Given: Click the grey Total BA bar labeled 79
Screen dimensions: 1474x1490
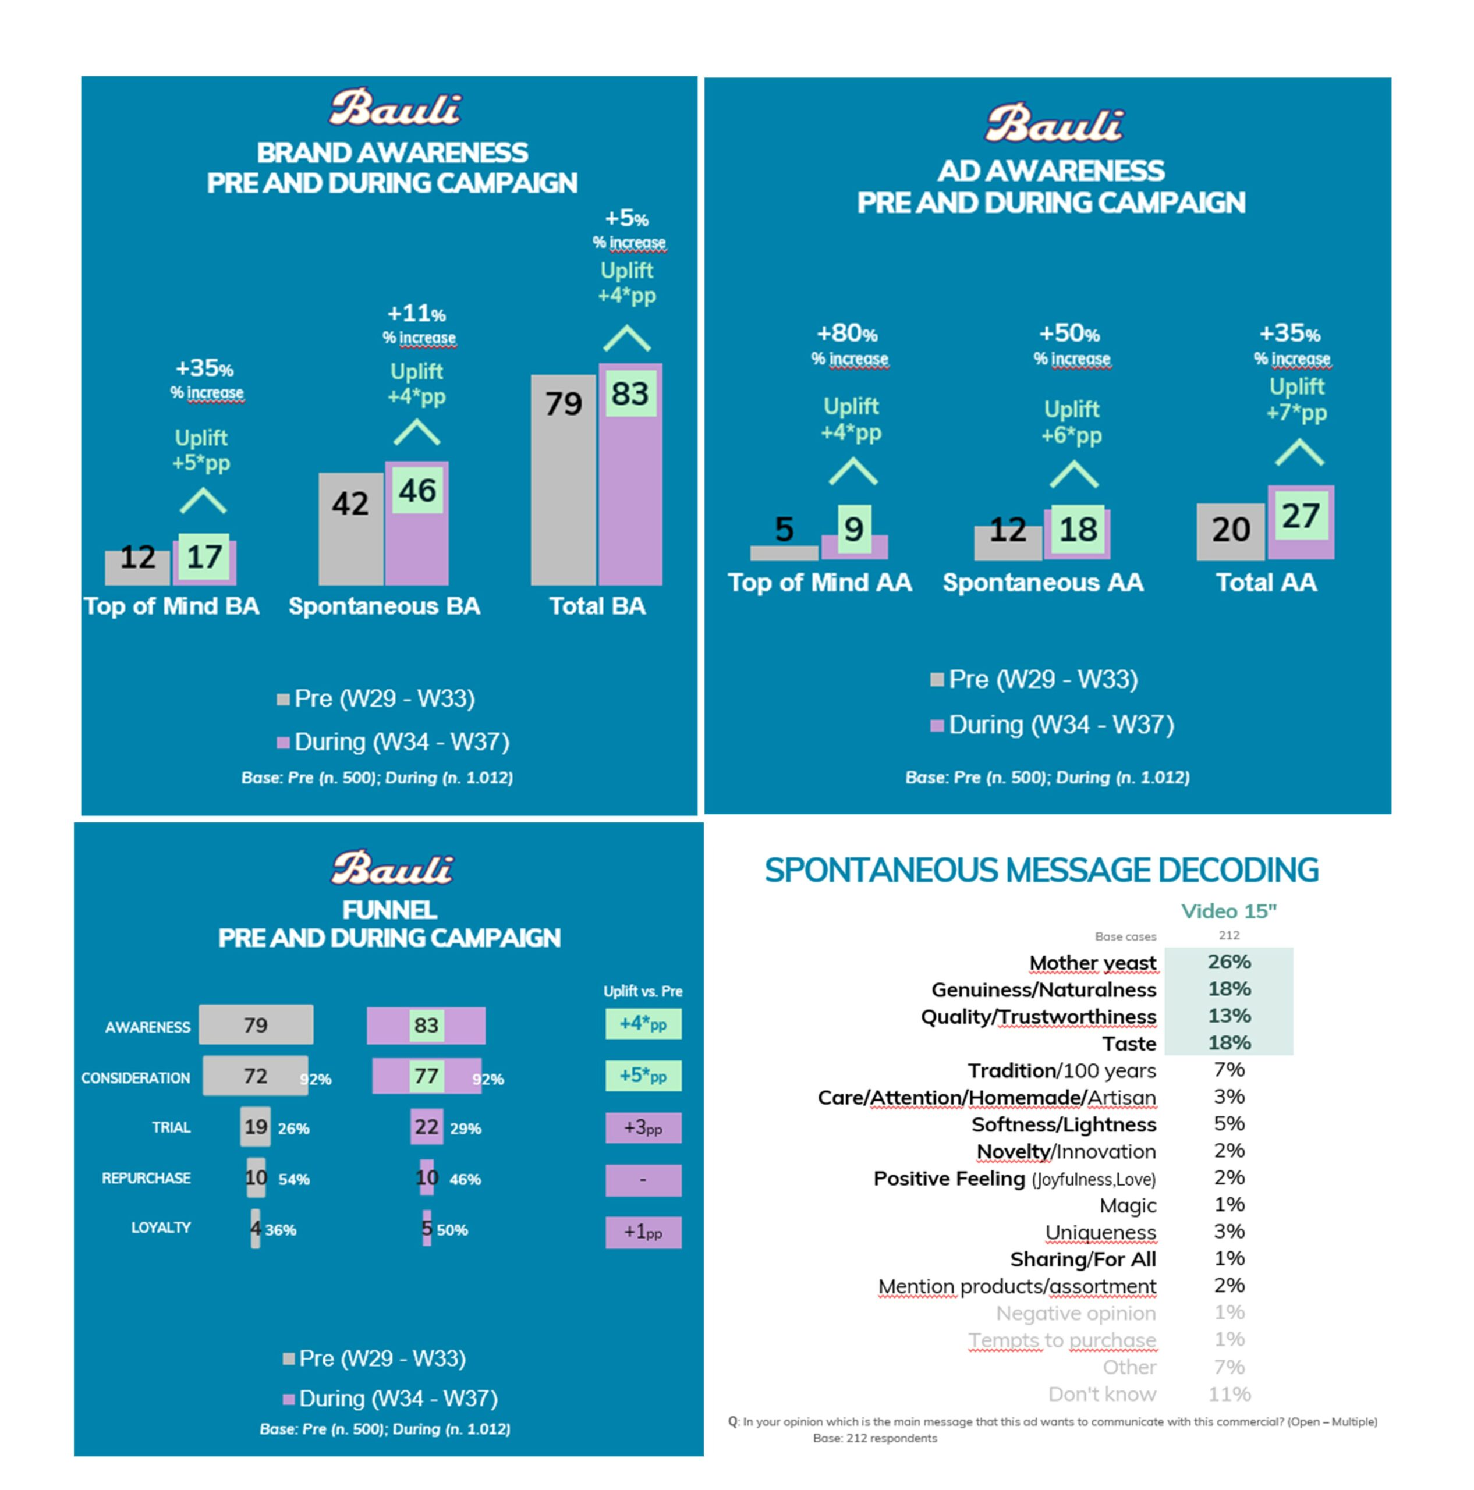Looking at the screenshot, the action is pos(563,480).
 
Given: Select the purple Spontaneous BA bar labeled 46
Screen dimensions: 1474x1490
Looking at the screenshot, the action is pos(416,523).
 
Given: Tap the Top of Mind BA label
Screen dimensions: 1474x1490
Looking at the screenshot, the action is pos(171,606).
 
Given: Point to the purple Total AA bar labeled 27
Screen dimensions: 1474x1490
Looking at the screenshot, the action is pos(1301,522).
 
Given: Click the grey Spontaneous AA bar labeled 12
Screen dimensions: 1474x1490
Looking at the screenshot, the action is pos(1007,543).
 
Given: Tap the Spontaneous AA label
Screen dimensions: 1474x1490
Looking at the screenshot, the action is pos(1043,582).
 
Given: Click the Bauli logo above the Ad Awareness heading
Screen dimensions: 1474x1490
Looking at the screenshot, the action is pos(1054,123).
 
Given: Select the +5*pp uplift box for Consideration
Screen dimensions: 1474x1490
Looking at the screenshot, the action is pos(643,1076).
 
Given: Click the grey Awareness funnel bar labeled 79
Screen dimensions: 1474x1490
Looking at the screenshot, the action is pos(256,1025).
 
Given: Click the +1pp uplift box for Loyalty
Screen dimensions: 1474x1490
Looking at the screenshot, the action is pos(643,1232).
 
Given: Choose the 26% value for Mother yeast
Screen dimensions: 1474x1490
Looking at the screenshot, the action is pos(1229,962).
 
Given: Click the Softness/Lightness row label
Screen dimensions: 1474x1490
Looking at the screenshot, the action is pos(1064,1124).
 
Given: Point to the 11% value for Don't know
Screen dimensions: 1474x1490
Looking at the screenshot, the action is pos(1229,1393).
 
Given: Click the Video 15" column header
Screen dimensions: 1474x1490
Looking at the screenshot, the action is pos(1229,911).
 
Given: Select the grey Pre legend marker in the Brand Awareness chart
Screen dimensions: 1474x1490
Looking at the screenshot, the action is pos(283,700).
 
